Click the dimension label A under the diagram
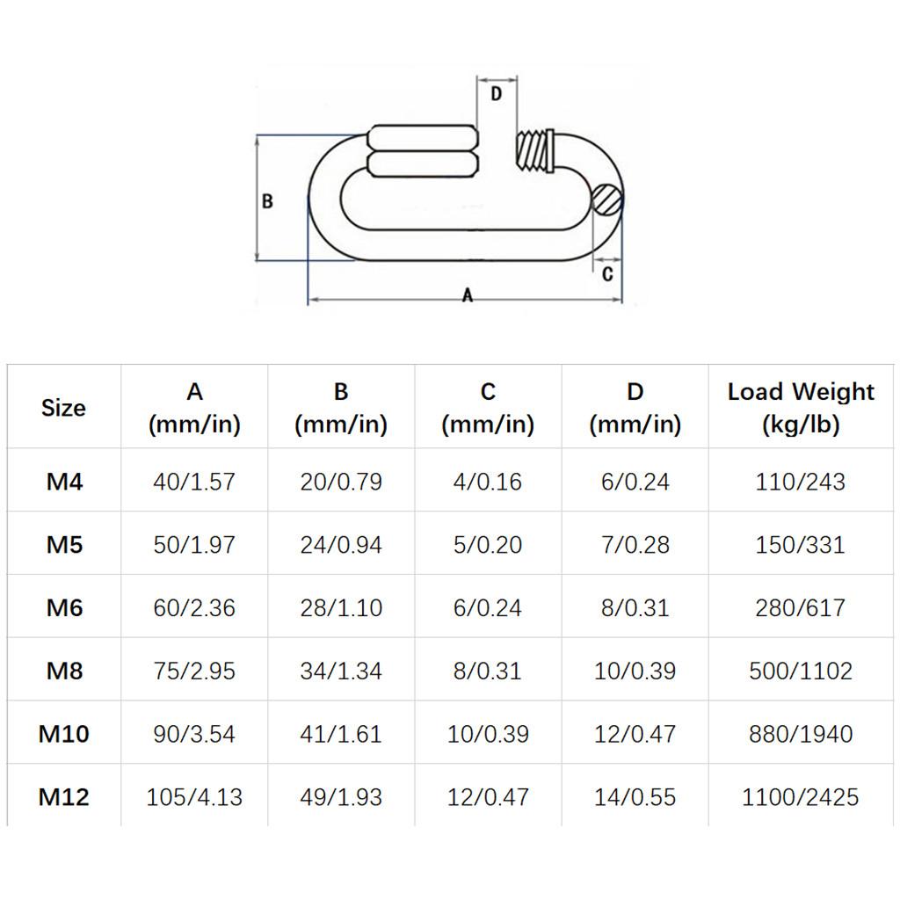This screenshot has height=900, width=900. (468, 295)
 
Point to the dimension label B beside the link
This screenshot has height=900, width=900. (268, 201)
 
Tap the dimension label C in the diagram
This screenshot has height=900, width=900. (607, 274)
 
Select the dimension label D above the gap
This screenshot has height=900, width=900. (496, 94)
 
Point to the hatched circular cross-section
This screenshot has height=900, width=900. (606, 200)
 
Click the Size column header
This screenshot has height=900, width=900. (63, 408)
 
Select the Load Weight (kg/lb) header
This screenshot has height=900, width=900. (801, 408)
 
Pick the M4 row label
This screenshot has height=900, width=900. (64, 482)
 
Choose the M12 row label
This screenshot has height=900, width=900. (64, 797)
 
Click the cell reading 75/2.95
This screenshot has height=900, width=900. (194, 671)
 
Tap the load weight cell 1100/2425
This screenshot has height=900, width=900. (801, 797)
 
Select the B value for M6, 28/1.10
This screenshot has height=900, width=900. (341, 607)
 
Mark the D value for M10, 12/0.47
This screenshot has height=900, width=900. (635, 734)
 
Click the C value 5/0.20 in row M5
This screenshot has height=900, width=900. (488, 545)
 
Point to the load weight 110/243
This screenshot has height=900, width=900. (801, 482)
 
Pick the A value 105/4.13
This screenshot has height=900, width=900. (194, 797)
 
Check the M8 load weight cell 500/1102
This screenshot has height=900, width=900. (801, 671)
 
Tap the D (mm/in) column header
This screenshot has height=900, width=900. (635, 408)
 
